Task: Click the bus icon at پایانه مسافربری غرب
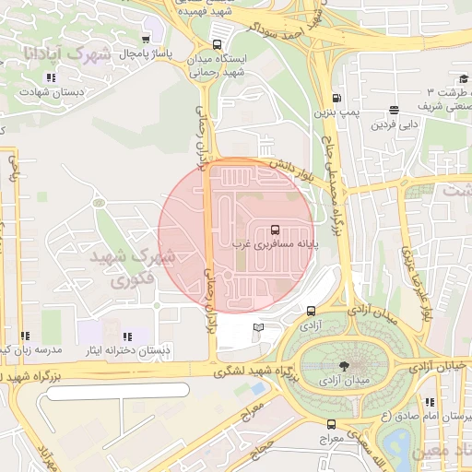click(x=276, y=230)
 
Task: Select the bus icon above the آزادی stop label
click(x=311, y=311)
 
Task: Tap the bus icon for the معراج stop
click(x=332, y=424)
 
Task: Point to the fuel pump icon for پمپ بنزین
click(x=336, y=98)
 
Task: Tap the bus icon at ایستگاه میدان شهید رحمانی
click(x=217, y=43)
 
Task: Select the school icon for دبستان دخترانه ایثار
click(x=127, y=336)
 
